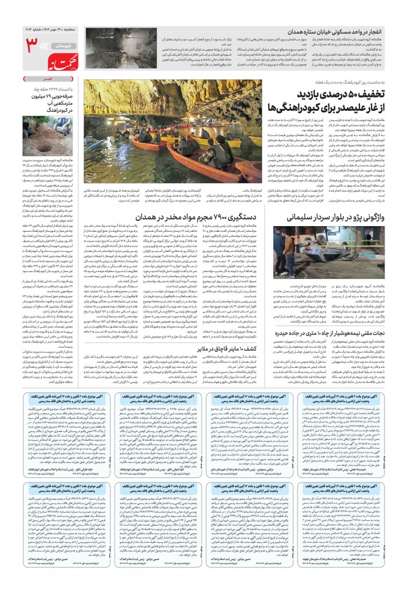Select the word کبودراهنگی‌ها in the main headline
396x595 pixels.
292,107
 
